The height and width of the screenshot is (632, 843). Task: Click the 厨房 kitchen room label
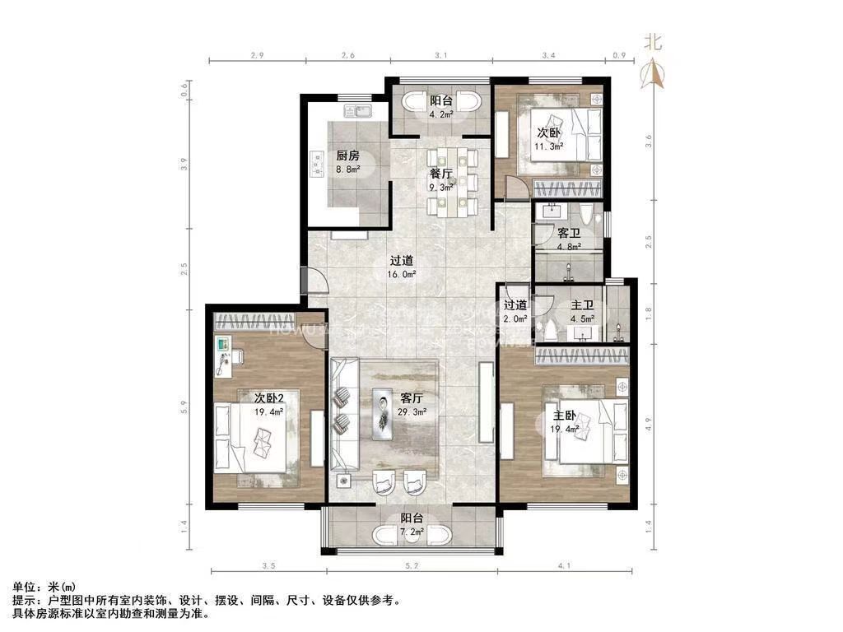[x=347, y=156]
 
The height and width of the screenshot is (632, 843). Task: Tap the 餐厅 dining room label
[x=441, y=174]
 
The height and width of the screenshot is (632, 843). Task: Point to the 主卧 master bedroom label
[x=566, y=416]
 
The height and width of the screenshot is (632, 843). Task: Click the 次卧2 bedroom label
[x=268, y=398]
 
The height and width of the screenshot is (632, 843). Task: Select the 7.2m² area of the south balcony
[x=412, y=532]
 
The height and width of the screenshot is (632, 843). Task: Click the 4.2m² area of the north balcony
[x=441, y=114]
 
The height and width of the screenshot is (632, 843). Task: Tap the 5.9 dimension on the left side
[x=186, y=407]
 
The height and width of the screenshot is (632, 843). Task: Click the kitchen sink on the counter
[x=359, y=110]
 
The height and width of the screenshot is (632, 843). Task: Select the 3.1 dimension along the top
[x=440, y=55]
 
